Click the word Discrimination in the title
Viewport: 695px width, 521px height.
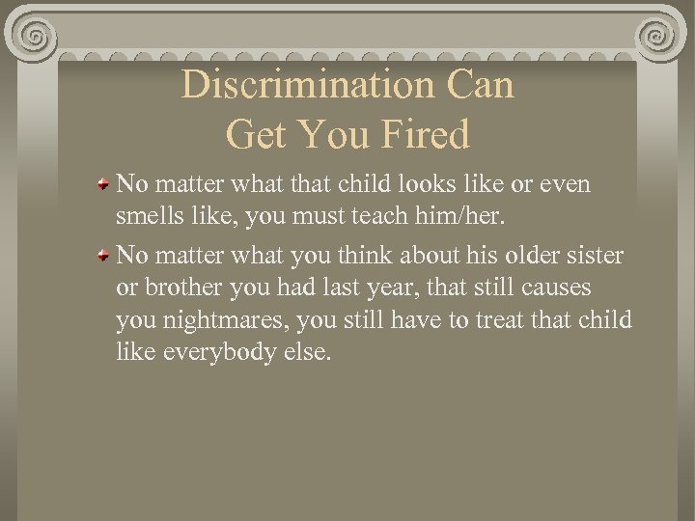(x=310, y=85)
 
